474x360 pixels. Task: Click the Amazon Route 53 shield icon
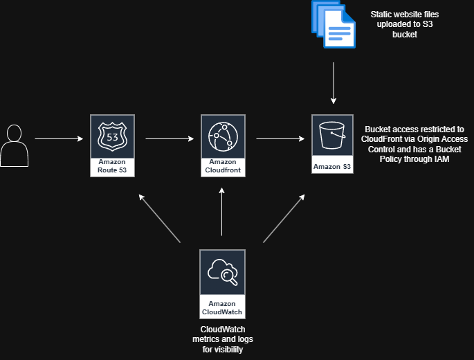(112, 136)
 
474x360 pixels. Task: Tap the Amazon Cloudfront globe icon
(222, 136)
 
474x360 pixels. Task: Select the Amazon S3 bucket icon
(333, 136)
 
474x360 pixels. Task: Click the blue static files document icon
(333, 27)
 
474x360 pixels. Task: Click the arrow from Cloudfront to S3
(280, 138)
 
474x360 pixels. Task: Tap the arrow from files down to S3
(334, 83)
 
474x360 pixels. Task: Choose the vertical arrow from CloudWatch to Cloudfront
(222, 215)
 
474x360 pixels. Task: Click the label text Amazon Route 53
(112, 165)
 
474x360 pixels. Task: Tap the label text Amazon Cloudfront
(222, 165)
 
